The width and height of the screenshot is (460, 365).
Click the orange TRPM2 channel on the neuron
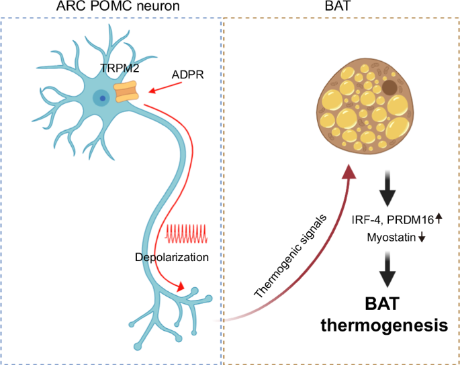[x=126, y=92]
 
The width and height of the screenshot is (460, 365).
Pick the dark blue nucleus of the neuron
[x=102, y=99]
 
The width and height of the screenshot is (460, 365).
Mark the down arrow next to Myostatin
[x=422, y=238]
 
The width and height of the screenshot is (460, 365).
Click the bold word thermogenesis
[x=384, y=326]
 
